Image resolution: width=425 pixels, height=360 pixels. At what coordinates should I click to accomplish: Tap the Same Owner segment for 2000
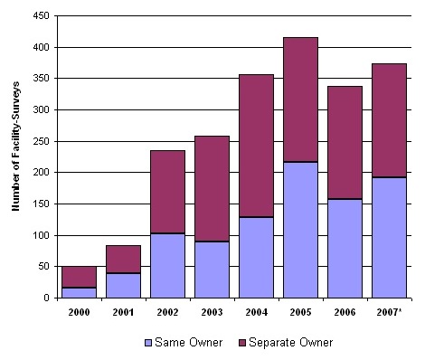pos(79,292)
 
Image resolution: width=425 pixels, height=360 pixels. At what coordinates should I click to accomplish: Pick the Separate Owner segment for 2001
pos(123,260)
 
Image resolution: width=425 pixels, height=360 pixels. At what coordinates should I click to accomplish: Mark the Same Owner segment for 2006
pos(345,249)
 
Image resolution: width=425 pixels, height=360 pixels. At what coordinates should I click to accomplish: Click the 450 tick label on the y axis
pos(38,16)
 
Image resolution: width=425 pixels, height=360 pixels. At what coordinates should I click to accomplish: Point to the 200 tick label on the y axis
pos(38,173)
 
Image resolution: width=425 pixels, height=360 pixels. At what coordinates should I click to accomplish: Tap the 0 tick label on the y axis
pos(44,298)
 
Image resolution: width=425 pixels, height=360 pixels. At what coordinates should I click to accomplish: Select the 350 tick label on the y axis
pos(38,79)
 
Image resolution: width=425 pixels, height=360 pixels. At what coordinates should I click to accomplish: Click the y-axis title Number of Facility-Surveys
pos(15,156)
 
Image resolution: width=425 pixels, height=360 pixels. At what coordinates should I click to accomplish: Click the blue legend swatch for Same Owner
pos(148,343)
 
